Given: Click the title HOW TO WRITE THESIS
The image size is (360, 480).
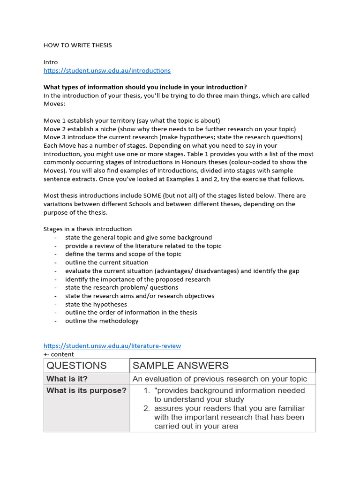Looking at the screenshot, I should [78, 45].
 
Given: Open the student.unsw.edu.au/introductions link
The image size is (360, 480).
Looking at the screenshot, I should [107, 70].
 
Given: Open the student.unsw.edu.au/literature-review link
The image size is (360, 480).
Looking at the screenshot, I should [112, 346].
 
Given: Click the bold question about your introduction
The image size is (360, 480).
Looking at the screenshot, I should [145, 87].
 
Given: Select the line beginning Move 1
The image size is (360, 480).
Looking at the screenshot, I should [132, 120].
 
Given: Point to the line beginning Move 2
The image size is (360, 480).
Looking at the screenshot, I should [170, 129].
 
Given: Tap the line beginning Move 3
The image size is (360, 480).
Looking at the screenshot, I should [173, 137].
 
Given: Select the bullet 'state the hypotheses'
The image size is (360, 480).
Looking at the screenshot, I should [96, 304].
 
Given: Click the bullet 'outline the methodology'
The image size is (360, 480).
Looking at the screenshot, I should [102, 321].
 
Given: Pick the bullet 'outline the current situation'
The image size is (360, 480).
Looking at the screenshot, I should [106, 262].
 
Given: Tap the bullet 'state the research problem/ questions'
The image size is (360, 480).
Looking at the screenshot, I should [121, 287].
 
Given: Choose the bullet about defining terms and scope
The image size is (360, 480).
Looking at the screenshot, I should [123, 254].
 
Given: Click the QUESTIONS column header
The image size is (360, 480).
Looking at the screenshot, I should [76, 366].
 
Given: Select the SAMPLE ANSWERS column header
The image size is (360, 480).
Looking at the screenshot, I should [181, 366].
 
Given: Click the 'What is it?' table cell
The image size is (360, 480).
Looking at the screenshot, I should [67, 379].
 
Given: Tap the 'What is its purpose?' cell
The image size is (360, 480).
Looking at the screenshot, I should [86, 390].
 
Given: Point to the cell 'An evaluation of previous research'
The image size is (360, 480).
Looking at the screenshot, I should [220, 379].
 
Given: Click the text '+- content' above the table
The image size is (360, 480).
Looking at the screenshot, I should [59, 354].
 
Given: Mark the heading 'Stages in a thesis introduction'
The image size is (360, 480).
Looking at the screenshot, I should [88, 229].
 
